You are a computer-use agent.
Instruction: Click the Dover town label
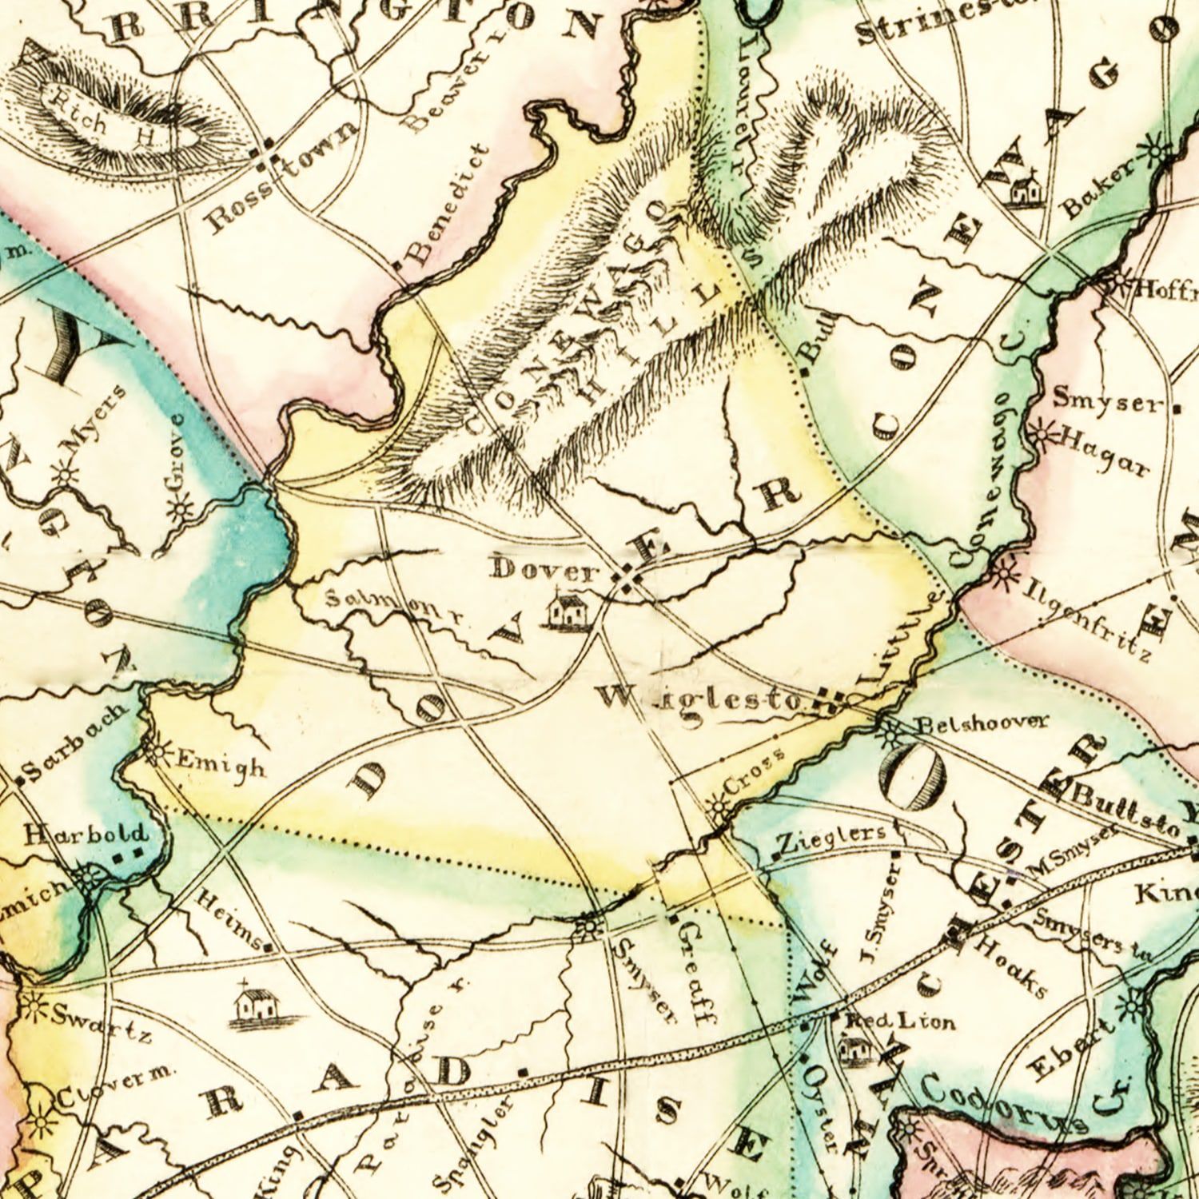coord(546,571)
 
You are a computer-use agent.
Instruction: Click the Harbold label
coord(86,835)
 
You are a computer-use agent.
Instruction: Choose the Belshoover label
coord(980,723)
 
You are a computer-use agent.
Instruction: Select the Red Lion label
coord(900,1022)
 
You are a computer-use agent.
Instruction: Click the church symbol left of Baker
coord(1025,188)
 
